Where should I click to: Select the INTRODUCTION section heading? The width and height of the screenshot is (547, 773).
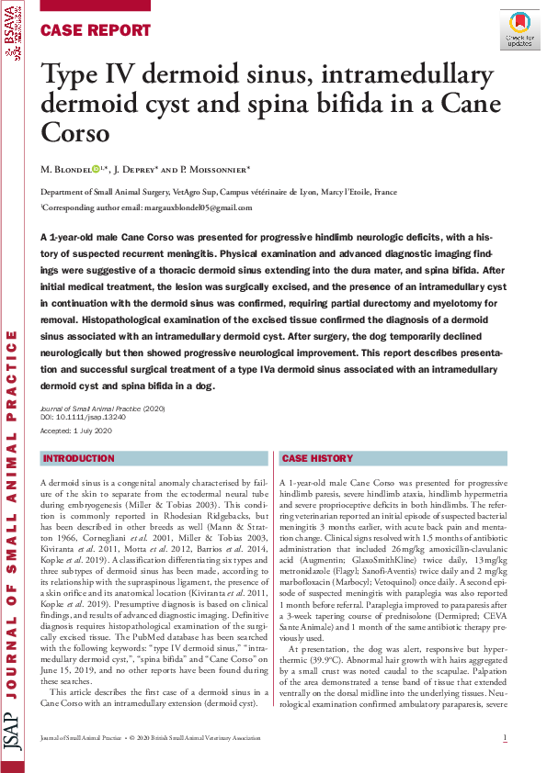point(79,458)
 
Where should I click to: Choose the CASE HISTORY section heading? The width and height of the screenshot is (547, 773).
point(317,458)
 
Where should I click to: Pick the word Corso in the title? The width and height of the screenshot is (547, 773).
point(76,134)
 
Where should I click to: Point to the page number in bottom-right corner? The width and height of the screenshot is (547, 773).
point(505,739)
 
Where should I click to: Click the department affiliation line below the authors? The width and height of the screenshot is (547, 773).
point(219,193)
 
